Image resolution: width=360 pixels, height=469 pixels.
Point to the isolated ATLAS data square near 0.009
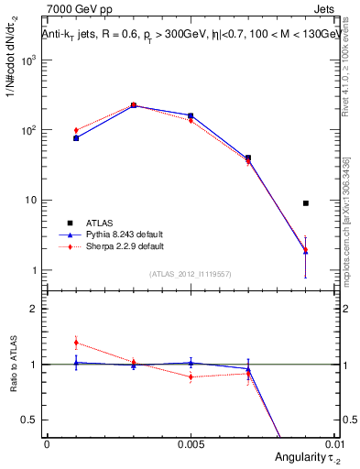(306, 203)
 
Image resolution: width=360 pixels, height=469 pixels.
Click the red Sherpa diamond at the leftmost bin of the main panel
(76, 130)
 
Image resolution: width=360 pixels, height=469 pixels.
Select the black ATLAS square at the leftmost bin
(76, 138)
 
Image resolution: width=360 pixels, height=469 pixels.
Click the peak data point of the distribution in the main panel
(134, 105)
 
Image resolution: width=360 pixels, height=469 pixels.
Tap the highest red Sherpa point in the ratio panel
(76, 343)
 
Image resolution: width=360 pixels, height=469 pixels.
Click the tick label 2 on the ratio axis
(34, 309)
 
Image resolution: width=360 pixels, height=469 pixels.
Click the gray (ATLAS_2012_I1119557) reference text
(191, 274)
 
